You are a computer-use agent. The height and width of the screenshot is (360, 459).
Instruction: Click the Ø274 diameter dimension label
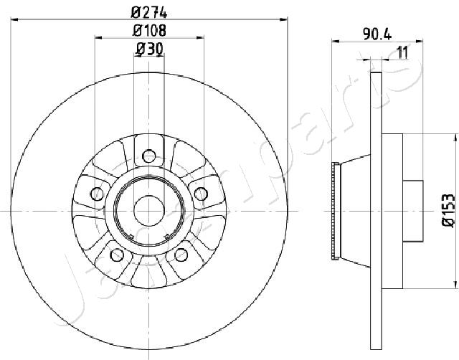[x=149, y=13]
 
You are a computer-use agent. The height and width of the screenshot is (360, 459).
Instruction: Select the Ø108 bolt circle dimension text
[x=150, y=30]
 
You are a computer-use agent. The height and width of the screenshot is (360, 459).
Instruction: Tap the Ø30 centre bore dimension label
[x=149, y=49]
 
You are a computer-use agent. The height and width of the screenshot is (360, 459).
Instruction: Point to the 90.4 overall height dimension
[x=377, y=35]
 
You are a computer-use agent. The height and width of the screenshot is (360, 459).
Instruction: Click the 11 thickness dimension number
[x=402, y=53]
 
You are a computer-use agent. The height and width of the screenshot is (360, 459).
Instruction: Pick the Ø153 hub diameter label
[x=448, y=210]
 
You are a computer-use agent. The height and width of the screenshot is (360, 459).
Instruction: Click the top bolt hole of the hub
[x=148, y=156]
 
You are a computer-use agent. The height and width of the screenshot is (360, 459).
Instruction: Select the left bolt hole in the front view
[x=97, y=194]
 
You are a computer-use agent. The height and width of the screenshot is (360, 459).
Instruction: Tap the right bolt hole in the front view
[x=201, y=194]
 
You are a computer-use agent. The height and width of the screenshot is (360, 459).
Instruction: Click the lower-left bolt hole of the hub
[x=117, y=255]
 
